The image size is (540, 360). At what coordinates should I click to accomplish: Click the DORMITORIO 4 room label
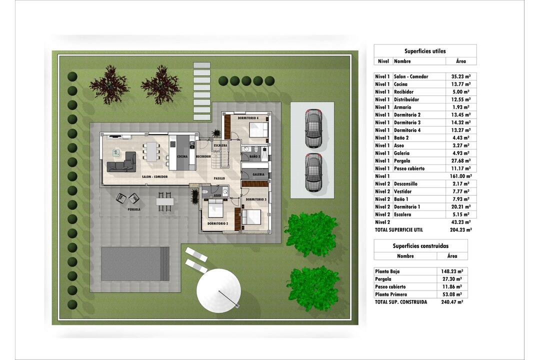248,118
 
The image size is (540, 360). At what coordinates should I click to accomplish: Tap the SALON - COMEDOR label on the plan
154,176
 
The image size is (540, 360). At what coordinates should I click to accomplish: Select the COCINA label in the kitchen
182,156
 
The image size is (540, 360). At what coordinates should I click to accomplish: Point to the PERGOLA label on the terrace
134,209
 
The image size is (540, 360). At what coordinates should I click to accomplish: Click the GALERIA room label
258,174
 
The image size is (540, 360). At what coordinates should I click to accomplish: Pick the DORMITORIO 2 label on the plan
217,223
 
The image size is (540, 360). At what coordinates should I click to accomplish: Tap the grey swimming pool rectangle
135,264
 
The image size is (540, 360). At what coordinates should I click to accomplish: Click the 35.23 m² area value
461,76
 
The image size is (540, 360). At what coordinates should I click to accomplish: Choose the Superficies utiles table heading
425,51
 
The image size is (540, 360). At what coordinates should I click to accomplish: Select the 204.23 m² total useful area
461,230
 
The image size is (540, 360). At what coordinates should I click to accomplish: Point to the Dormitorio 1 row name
407,206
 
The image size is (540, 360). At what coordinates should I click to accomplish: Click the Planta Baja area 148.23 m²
452,271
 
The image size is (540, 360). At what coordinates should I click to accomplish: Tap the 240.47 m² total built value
452,302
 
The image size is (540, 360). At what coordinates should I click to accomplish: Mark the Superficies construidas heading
420,246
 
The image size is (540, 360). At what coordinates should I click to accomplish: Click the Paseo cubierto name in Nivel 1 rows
409,168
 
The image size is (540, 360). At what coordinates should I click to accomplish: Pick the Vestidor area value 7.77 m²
461,191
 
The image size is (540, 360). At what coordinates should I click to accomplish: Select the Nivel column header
383,61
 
